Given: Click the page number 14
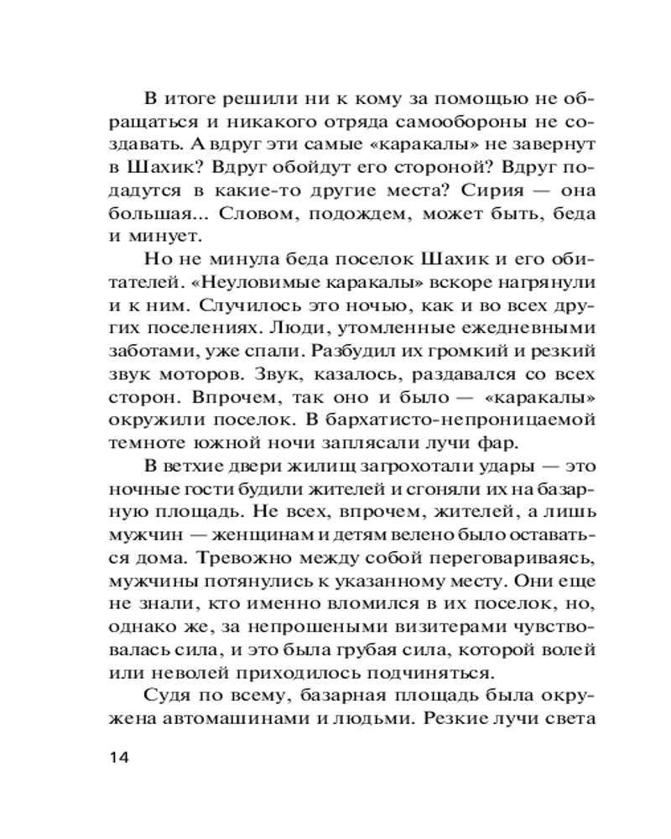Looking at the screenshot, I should [x=119, y=758].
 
